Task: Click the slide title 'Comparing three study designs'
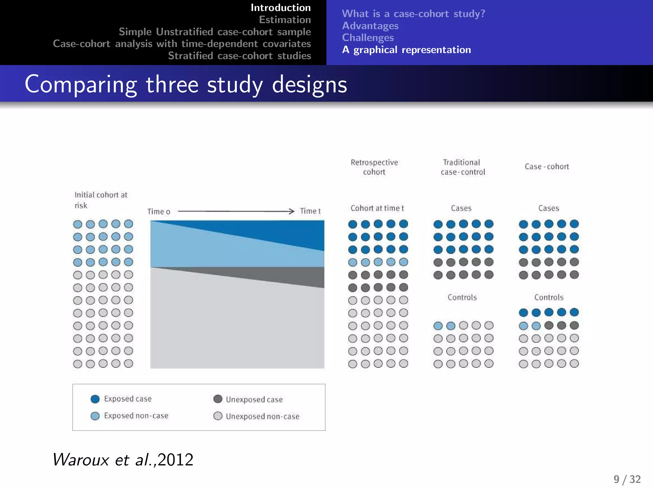186,84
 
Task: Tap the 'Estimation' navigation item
285,20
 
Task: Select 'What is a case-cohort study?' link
413,14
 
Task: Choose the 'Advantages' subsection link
370,26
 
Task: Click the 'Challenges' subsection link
368,38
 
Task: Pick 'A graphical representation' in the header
406,50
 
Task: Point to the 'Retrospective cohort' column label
374,167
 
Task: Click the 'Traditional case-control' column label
463,167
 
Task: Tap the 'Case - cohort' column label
547,167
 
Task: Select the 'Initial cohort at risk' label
100,200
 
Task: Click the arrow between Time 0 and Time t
236,211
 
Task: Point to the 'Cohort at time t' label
377,208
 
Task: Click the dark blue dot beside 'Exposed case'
95,399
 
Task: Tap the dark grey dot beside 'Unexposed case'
218,399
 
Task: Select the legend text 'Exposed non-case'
136,416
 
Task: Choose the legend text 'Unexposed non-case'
262,416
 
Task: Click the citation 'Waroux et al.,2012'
123,459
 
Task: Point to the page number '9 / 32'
627,479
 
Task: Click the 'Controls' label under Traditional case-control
462,297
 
